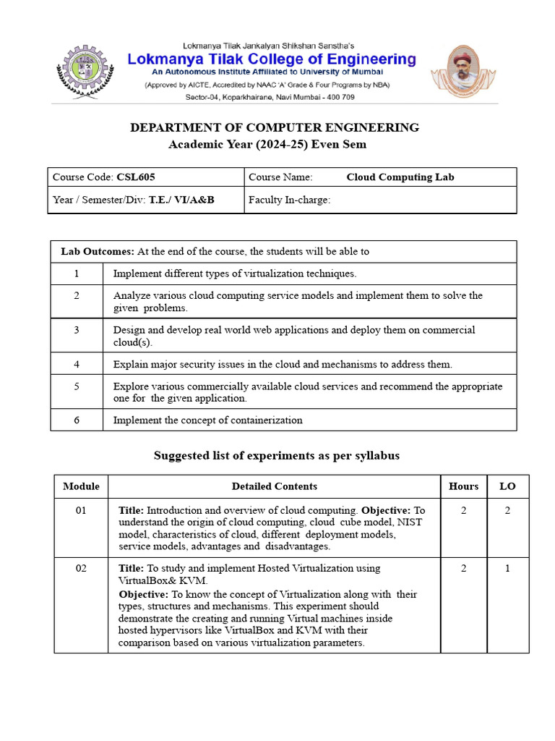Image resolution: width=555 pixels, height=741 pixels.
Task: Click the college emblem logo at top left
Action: (86, 72)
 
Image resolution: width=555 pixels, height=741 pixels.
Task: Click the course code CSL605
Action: (136, 177)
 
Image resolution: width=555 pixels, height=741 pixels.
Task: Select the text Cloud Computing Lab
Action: (400, 177)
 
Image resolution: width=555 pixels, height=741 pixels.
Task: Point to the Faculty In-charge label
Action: (289, 200)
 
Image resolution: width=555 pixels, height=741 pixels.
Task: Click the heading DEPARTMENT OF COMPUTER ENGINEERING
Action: (274, 127)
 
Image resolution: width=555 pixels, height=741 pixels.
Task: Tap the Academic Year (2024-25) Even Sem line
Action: (267, 144)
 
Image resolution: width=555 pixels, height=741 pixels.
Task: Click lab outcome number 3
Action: (77, 330)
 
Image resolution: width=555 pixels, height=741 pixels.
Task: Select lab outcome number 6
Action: (77, 420)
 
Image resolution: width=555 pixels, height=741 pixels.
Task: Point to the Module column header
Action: (81, 486)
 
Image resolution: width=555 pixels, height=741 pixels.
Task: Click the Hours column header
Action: (463, 486)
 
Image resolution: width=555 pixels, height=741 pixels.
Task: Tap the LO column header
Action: (507, 486)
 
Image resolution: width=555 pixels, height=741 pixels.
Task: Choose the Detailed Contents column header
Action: (274, 486)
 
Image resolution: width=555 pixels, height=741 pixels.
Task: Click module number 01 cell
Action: (81, 510)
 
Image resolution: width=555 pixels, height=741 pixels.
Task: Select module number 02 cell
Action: (81, 568)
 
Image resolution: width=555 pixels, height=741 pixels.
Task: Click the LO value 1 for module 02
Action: (507, 568)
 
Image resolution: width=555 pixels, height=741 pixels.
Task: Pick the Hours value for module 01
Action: (463, 510)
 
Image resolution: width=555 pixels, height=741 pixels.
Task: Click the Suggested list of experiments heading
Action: (277, 455)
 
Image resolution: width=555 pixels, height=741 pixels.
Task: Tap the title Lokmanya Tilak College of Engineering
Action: (272, 59)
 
